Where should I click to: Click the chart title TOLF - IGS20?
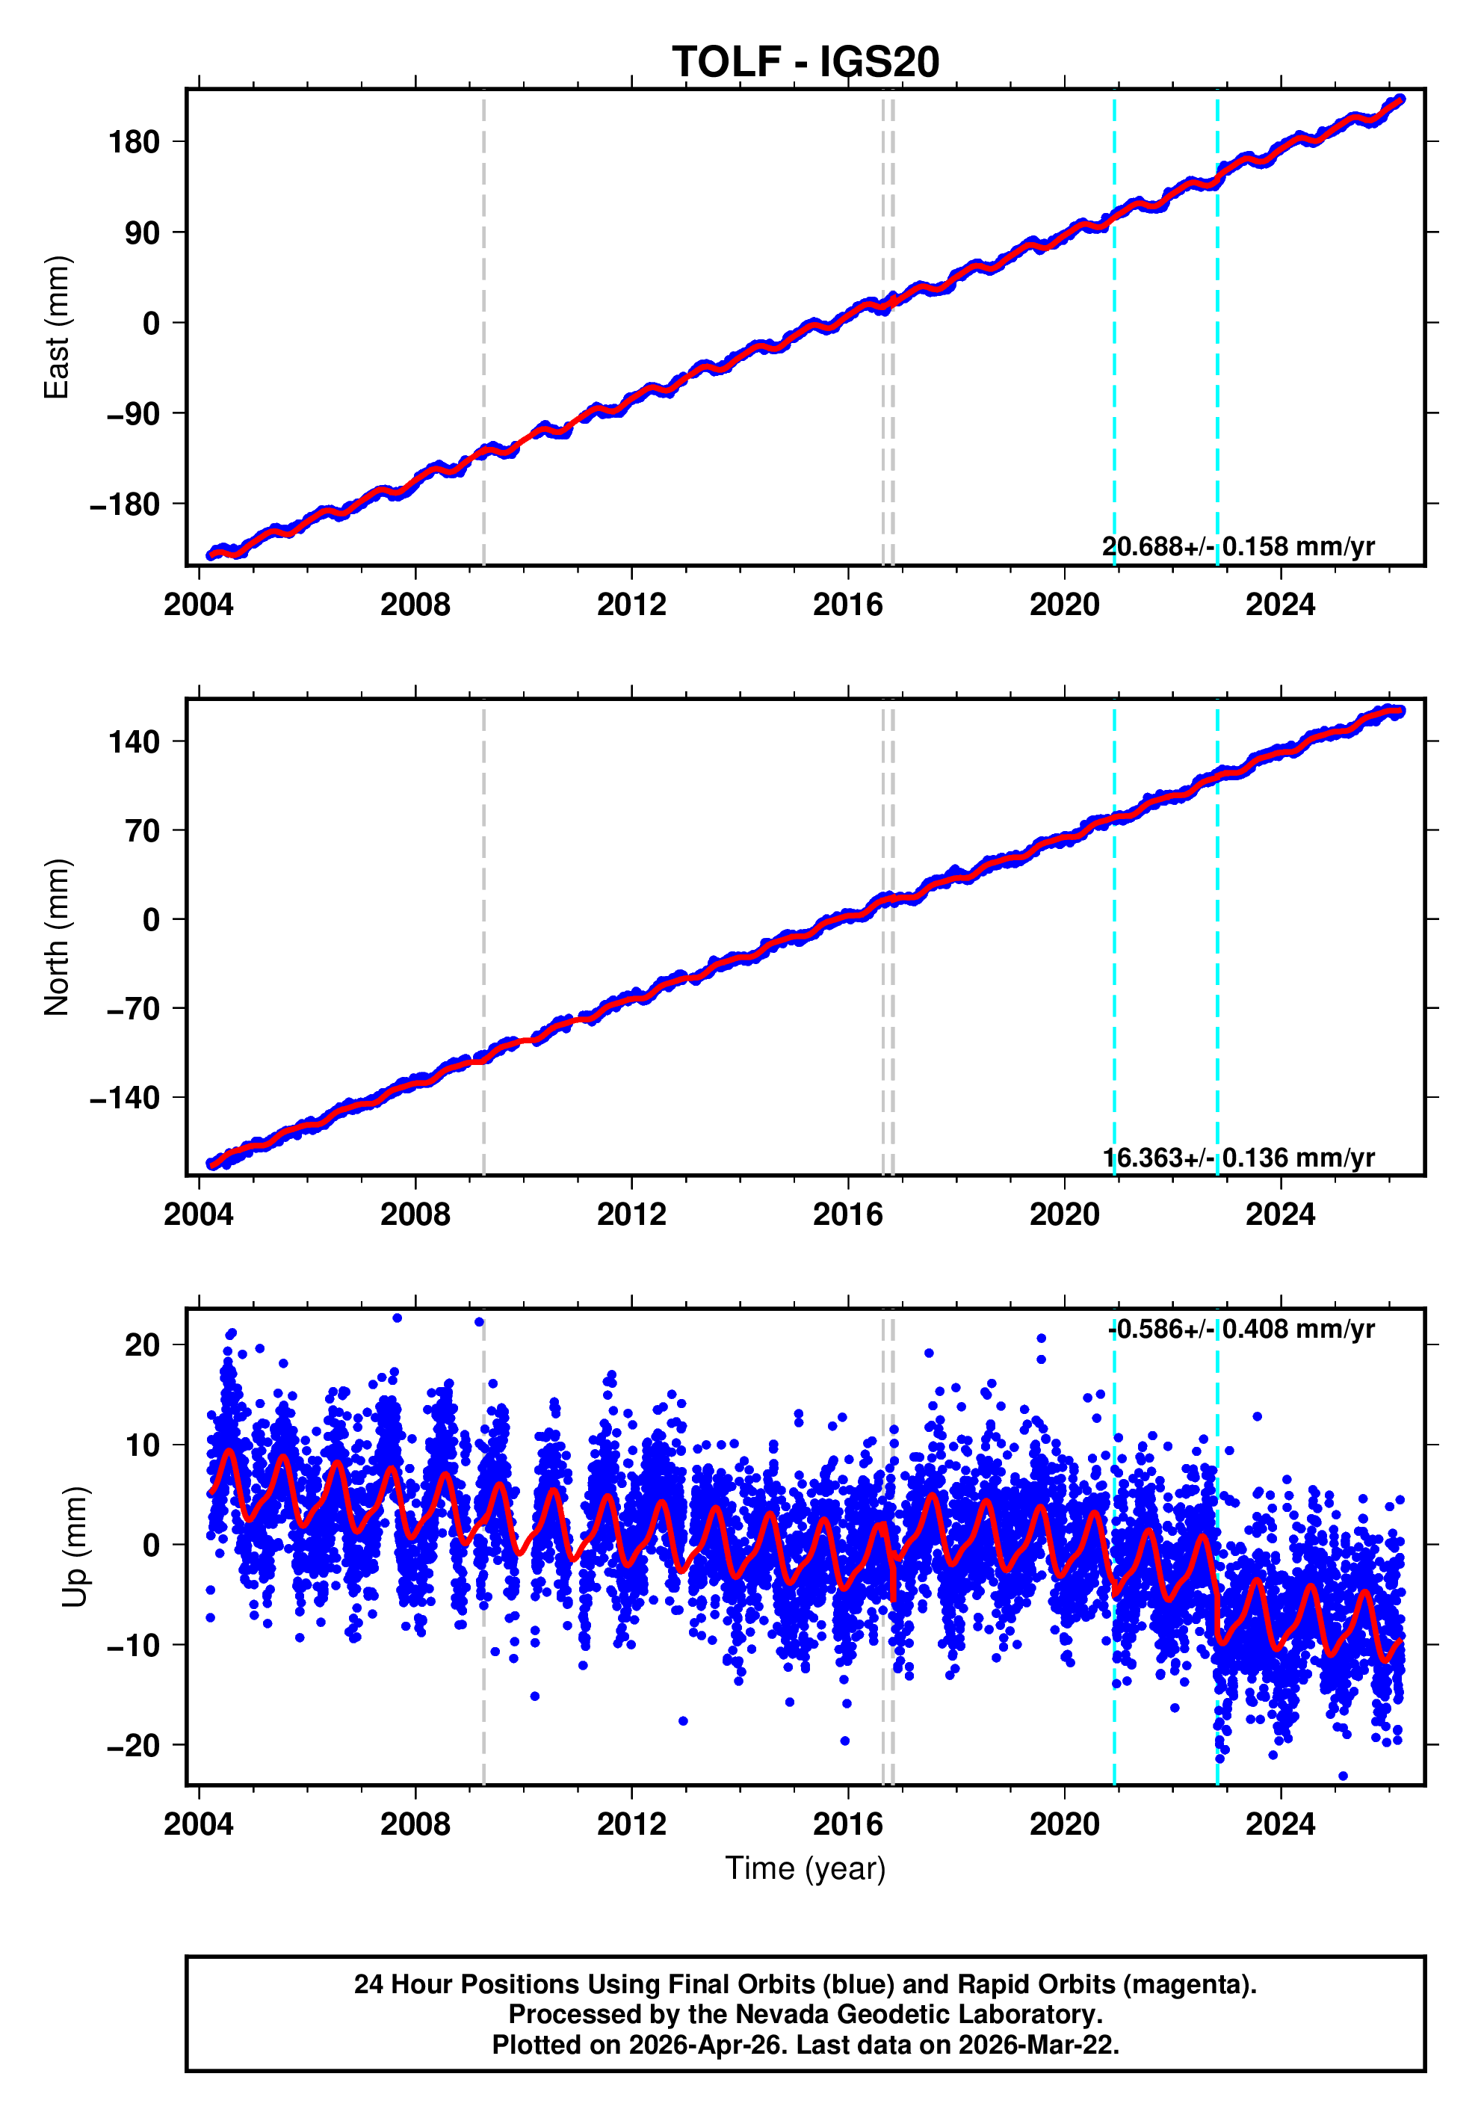[806, 62]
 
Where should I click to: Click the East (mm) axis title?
[56, 327]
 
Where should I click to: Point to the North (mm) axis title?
[56, 937]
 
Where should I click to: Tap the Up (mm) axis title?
[75, 1547]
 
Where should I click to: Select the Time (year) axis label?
[806, 1868]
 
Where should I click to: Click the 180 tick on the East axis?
[134, 142]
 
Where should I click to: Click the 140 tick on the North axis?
[134, 741]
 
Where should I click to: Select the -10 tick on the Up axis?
[134, 1645]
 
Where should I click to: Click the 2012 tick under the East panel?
[632, 605]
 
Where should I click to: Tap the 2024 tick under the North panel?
[1280, 1215]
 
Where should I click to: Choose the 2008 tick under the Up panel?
[415, 1824]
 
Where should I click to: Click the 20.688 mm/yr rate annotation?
[1237, 546]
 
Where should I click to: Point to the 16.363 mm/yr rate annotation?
[1237, 1157]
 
